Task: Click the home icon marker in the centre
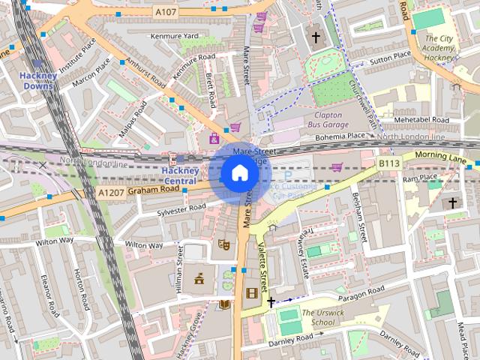point(239,173)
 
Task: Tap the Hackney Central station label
point(180,175)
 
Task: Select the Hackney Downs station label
point(37,80)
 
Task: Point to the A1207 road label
point(110,193)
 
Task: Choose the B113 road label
point(388,163)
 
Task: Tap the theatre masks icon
point(223,244)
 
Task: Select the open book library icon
point(224,304)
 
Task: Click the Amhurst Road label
point(146,70)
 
